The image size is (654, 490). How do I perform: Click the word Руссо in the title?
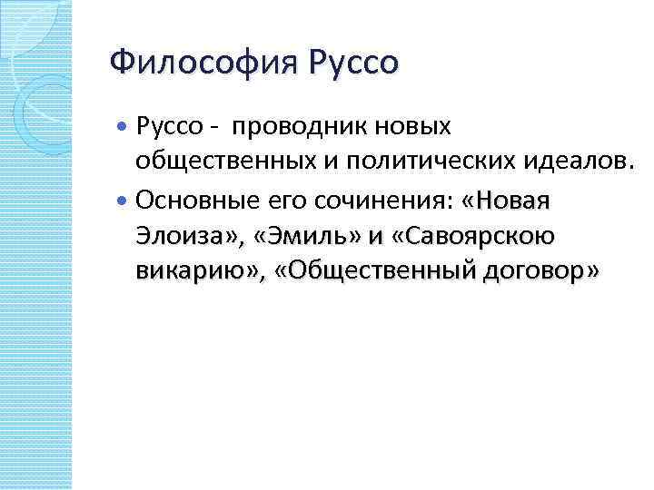coord(353,64)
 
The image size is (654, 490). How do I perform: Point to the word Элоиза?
coord(182,237)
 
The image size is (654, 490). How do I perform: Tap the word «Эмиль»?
coord(308,237)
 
